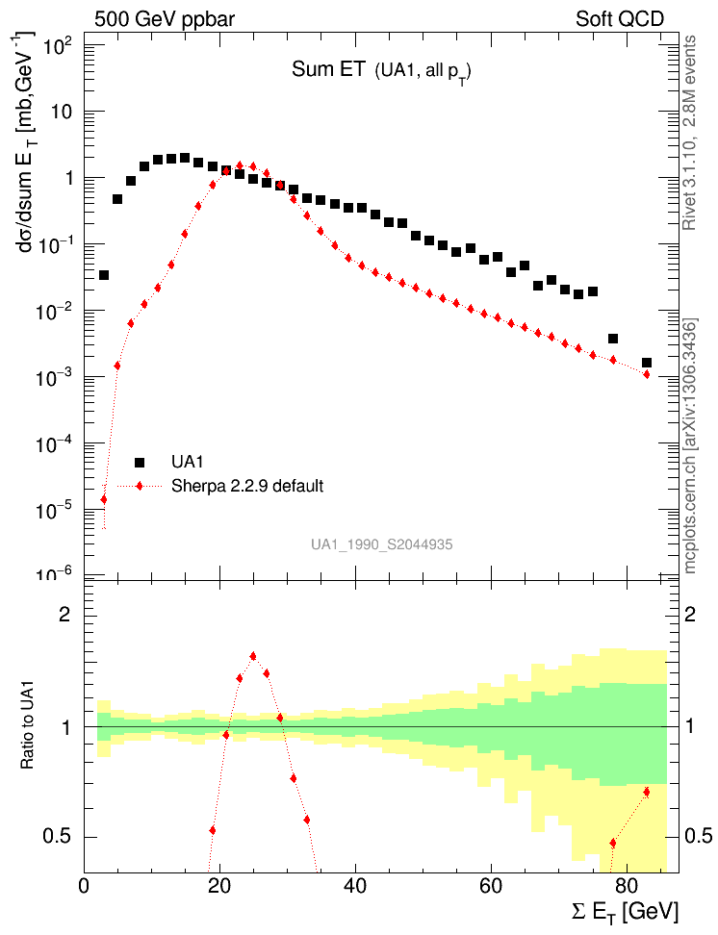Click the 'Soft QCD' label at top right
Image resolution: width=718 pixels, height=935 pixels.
[x=620, y=18]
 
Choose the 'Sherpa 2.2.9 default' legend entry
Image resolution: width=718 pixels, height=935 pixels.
[x=246, y=486]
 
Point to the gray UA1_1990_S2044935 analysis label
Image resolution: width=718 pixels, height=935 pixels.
[x=381, y=544]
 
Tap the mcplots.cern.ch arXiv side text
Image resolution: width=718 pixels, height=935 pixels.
[x=689, y=446]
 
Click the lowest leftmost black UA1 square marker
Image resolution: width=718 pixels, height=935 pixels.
[x=104, y=275]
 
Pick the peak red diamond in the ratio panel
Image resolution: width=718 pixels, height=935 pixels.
[x=253, y=656]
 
